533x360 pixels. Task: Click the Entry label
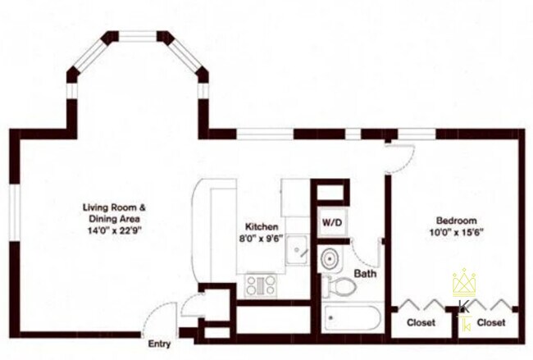coord(159,344)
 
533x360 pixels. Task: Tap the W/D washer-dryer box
coord(332,223)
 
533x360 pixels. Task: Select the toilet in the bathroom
coord(339,285)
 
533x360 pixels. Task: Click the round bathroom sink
coord(330,258)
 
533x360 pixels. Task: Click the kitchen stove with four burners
coord(261,285)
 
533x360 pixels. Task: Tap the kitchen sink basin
coord(296,250)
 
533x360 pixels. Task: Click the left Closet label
coord(421,322)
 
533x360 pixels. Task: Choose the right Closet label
coord(491,322)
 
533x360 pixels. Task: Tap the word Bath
coord(365,273)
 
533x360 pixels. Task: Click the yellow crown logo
coord(464,282)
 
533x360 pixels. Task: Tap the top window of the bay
coord(137,36)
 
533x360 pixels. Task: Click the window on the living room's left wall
coord(15,213)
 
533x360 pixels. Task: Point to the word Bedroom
coord(457,221)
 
